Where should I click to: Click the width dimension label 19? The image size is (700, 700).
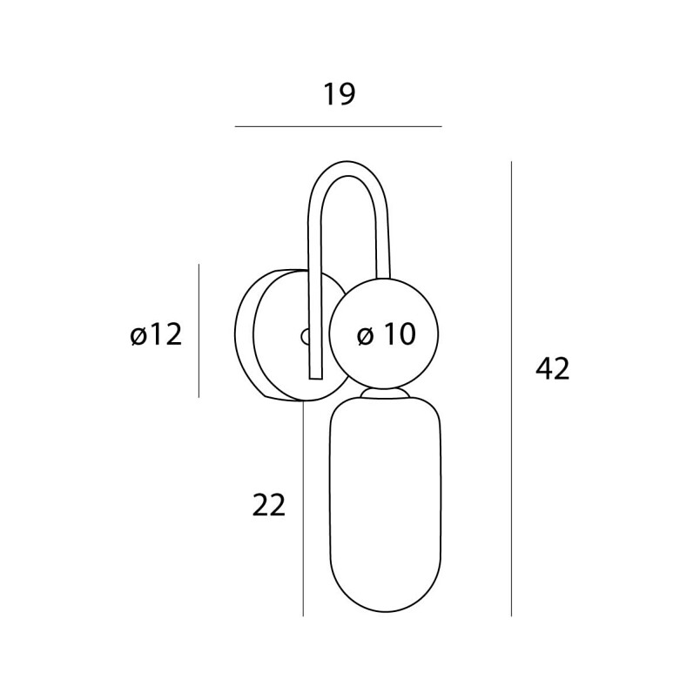(340, 94)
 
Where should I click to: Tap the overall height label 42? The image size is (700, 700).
(553, 369)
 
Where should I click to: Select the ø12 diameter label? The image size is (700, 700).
(156, 334)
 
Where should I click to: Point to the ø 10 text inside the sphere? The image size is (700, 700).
(387, 334)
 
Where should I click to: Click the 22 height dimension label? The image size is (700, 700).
(269, 505)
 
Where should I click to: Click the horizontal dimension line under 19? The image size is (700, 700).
(339, 127)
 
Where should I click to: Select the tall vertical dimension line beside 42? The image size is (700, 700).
(511, 389)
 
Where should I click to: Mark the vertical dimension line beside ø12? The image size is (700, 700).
(199, 331)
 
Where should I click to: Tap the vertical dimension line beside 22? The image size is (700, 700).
(303, 509)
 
